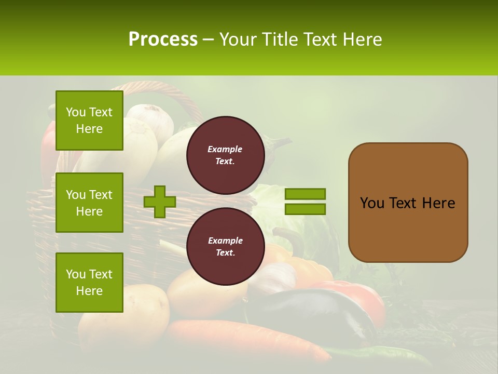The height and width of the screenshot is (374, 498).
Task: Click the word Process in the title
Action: [163, 39]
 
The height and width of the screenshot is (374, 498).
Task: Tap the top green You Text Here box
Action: [89, 121]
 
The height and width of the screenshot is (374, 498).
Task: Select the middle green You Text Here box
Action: [89, 203]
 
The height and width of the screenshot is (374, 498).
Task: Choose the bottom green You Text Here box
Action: [89, 283]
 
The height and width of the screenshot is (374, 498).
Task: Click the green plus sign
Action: [160, 202]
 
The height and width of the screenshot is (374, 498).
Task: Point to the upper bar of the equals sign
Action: [305, 194]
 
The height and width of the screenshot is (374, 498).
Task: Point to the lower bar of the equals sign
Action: [305, 209]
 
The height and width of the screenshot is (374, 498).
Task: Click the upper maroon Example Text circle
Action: [225, 155]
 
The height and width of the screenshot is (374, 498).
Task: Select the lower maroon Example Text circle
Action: [225, 247]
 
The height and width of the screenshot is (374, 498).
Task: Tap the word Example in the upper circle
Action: [225, 149]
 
